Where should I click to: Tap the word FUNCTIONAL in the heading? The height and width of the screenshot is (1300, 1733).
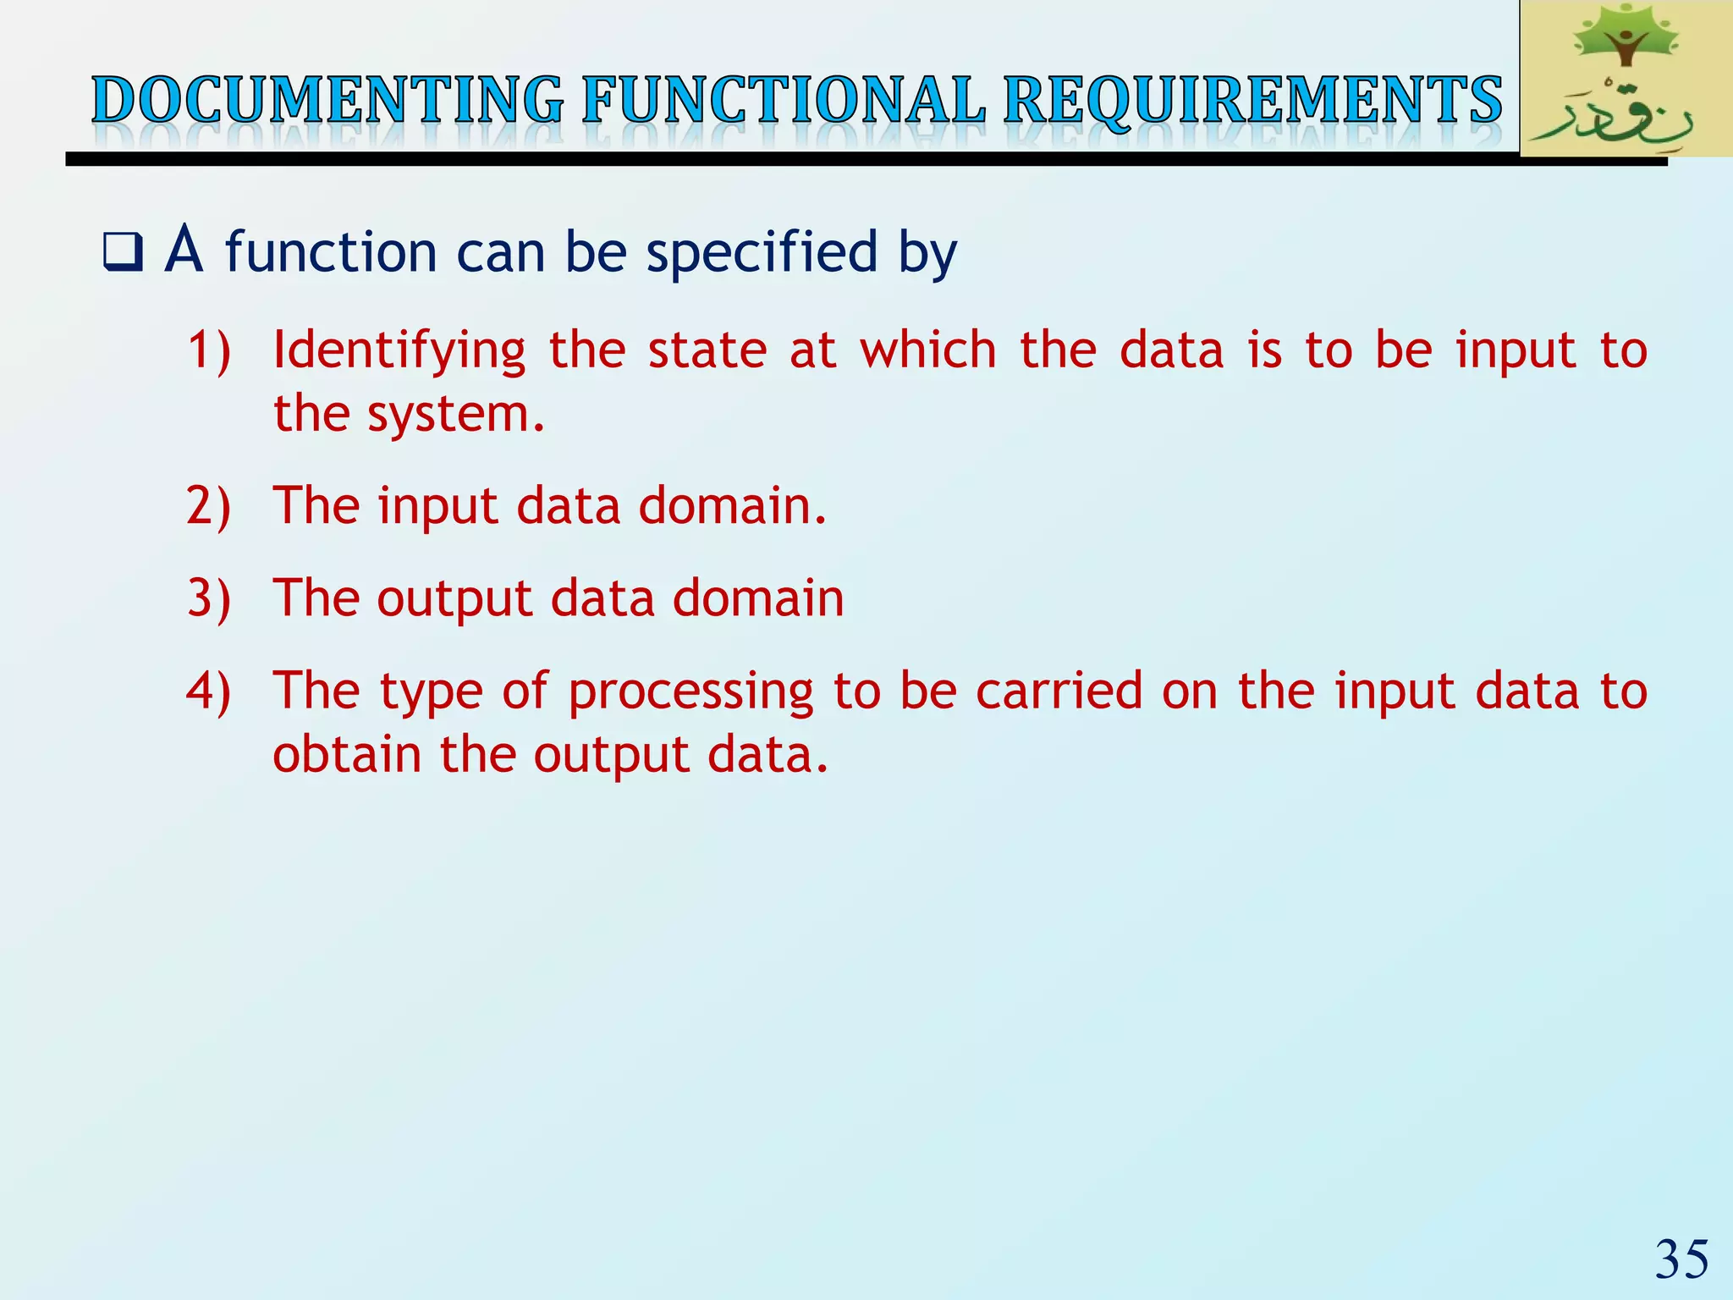click(784, 101)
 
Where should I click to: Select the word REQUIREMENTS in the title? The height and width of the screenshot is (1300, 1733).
click(1252, 101)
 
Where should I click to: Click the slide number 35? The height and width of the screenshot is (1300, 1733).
click(1681, 1259)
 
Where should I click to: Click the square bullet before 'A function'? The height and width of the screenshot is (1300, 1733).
click(123, 252)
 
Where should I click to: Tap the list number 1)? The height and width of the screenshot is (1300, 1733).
click(208, 350)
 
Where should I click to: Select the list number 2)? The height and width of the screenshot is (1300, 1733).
click(208, 506)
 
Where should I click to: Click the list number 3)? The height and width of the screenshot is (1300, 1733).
click(208, 598)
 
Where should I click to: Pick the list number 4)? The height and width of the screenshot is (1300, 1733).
click(208, 691)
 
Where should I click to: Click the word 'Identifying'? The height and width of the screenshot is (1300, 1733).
click(399, 350)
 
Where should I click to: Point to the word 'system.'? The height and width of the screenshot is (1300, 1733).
click(456, 415)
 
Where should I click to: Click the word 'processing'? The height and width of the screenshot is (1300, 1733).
click(690, 692)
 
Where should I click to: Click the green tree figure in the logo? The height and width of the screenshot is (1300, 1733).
click(1624, 38)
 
